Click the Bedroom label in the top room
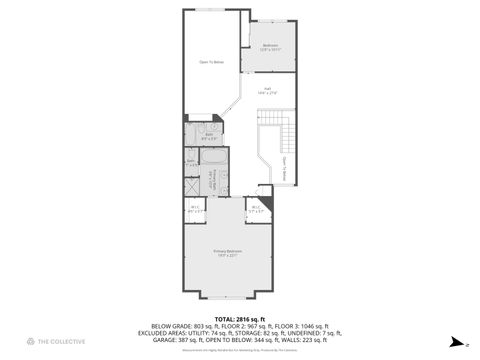[x=271, y=46]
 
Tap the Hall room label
[x=268, y=90]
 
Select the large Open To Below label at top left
[x=211, y=62]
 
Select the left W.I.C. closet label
[x=196, y=209]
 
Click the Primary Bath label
[x=212, y=180]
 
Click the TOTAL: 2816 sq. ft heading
[x=240, y=318]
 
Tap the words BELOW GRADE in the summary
[x=169, y=326]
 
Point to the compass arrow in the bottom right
[x=453, y=340]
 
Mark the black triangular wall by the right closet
[x=264, y=192]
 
